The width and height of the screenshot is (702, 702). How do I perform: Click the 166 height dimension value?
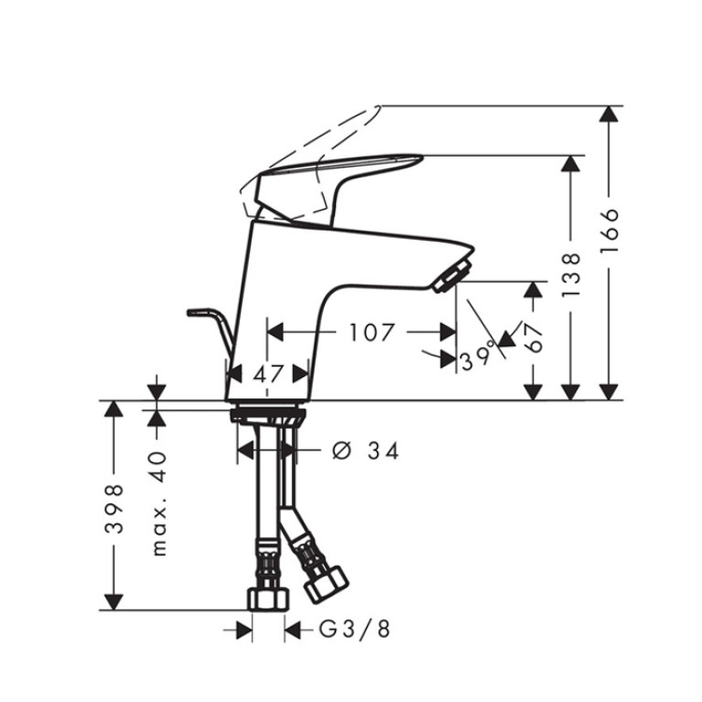click(x=610, y=231)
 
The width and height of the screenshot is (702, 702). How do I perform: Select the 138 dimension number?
click(x=571, y=275)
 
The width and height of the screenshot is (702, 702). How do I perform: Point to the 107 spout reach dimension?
click(x=372, y=332)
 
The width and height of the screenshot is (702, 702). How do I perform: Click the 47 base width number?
click(x=268, y=374)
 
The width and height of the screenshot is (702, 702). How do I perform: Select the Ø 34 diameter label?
click(x=366, y=451)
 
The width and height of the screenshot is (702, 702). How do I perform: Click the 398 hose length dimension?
click(x=113, y=509)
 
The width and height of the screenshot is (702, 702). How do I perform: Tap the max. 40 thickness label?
click(x=159, y=504)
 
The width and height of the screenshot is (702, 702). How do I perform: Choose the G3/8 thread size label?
click(x=354, y=629)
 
